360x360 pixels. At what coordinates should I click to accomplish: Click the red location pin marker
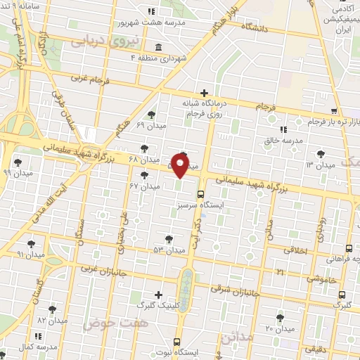[x=180, y=166]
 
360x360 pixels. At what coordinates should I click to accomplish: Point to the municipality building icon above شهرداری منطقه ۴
[x=155, y=47]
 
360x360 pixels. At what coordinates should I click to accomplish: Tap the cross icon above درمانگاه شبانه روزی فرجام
[x=204, y=93]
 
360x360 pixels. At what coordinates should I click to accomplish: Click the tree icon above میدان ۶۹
[x=151, y=115]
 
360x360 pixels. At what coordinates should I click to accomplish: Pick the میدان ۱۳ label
[x=320, y=165]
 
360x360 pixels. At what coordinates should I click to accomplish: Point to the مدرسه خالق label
[x=283, y=141]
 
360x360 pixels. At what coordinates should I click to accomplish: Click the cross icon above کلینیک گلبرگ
[x=158, y=295]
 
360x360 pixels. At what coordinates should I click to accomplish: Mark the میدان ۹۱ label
[x=31, y=253]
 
